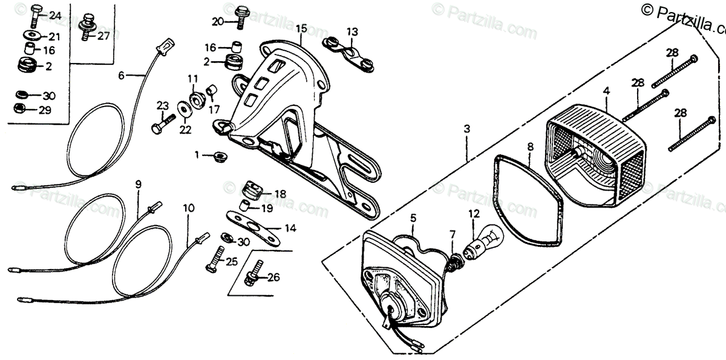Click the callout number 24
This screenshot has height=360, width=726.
tap(55, 15)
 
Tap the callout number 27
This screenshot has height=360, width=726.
tap(103, 36)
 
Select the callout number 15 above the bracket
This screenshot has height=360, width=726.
tap(301, 28)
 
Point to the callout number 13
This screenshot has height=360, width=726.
tap(352, 31)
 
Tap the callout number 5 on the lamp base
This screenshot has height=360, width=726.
tap(413, 217)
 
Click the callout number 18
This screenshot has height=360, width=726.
tap(280, 194)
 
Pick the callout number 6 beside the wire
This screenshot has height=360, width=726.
tap(121, 76)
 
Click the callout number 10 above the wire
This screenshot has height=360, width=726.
tap(189, 208)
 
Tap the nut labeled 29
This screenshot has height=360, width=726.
tap(19, 109)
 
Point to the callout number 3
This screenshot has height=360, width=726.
tap(466, 129)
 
